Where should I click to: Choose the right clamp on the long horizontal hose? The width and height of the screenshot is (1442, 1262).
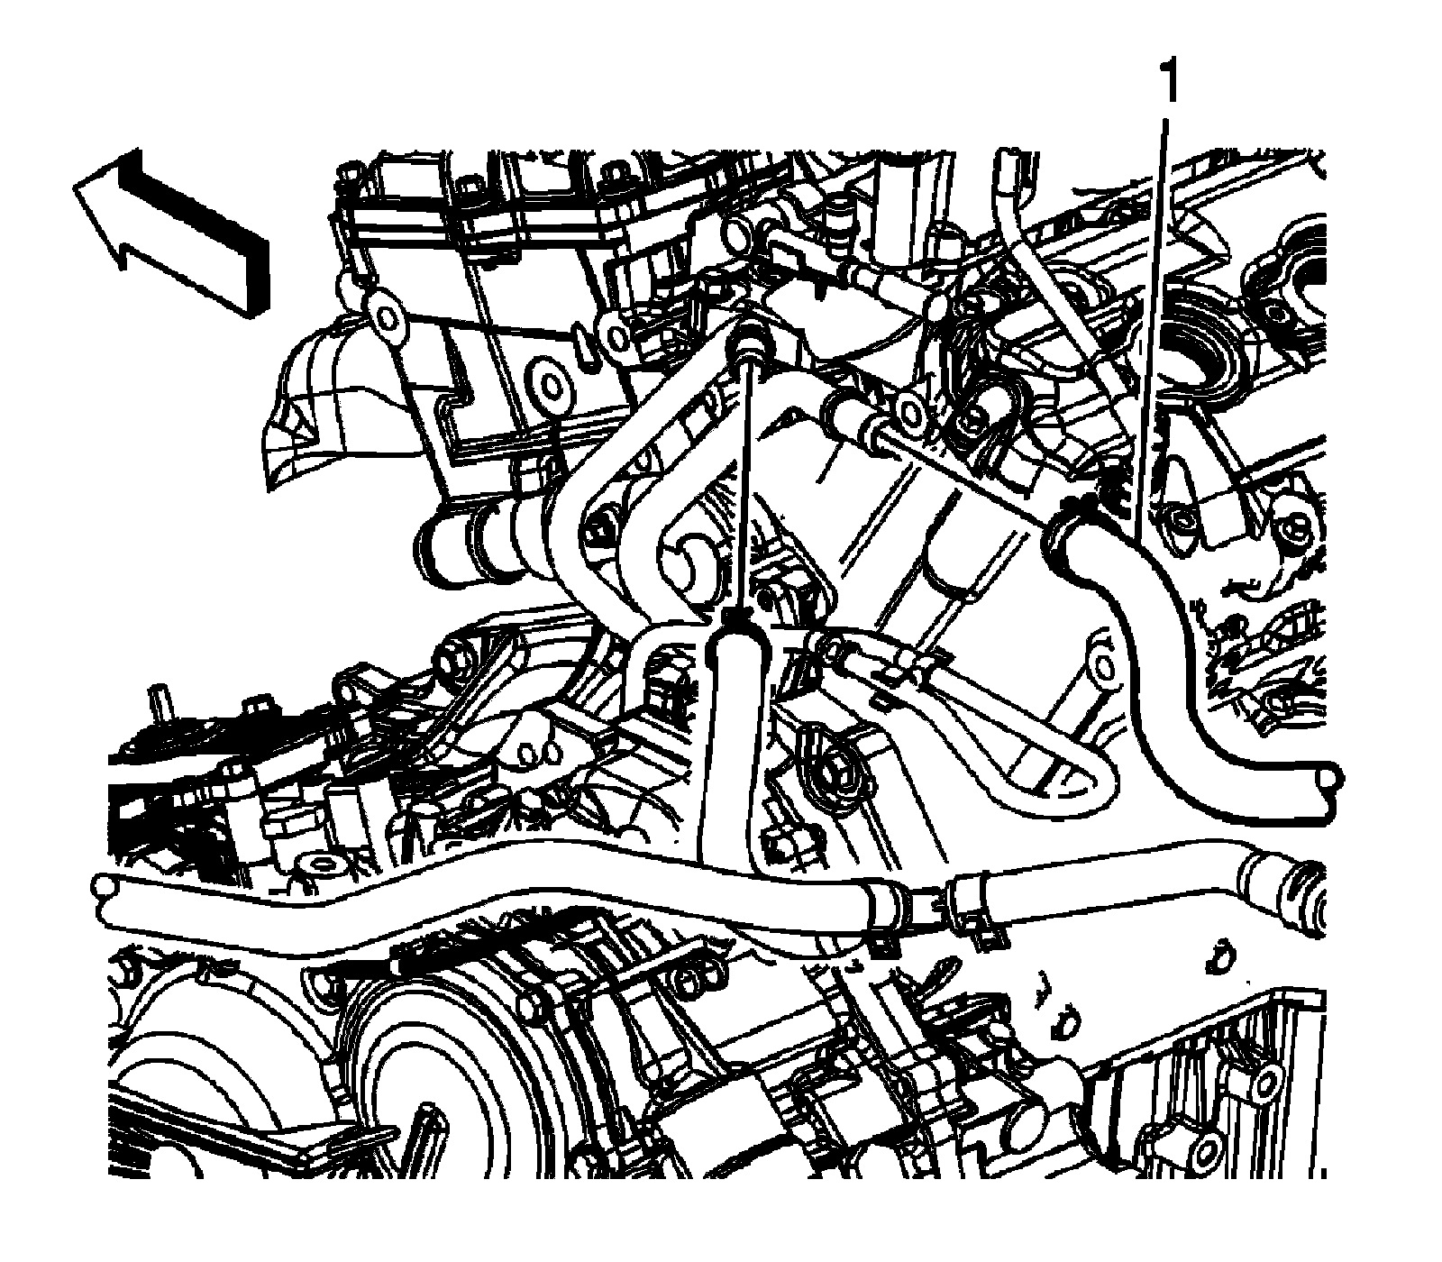point(969,905)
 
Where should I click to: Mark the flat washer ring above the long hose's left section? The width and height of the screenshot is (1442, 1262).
point(319,866)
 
